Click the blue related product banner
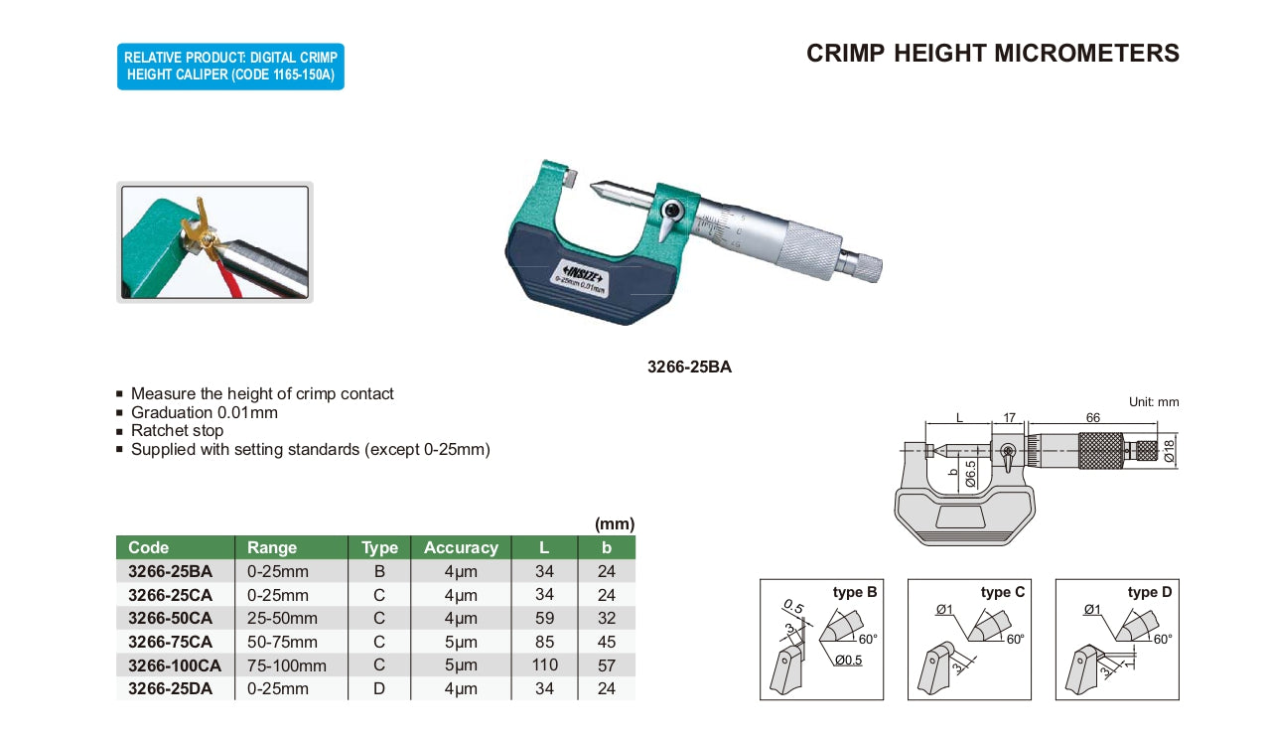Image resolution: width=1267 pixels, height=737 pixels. coord(230,67)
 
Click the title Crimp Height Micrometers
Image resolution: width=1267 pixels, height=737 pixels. coord(992,54)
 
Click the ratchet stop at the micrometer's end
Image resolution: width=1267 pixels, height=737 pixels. coord(863,263)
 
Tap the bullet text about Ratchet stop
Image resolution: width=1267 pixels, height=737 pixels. coord(177,431)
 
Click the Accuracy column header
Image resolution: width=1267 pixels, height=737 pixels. coord(461,547)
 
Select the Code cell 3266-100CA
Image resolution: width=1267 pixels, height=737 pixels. coord(175,664)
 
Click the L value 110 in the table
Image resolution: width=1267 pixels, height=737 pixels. coord(544,664)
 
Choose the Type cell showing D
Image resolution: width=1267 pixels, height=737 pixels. coord(378,688)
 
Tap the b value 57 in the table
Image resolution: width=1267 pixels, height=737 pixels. coord(607,664)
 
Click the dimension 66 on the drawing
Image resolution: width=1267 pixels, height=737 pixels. coord(1092,418)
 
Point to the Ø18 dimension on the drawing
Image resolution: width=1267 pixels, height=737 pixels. coord(1170,453)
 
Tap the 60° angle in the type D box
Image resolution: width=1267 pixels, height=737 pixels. coord(1162,639)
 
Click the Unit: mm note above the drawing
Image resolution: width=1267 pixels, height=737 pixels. coord(1154,402)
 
